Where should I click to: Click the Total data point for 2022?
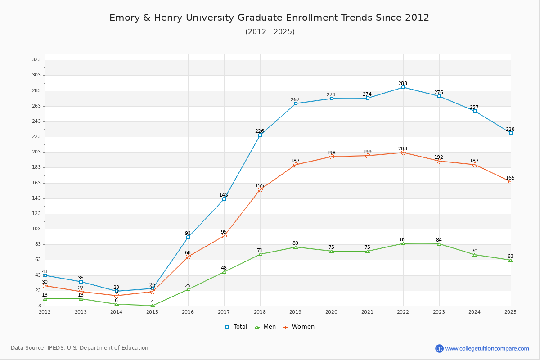pos(403,87)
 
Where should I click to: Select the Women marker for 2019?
pos(296,165)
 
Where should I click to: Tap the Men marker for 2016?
pos(188,289)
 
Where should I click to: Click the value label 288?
pos(403,83)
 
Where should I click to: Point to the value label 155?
pos(260,185)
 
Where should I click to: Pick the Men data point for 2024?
pos(475,255)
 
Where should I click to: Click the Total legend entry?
pos(236,327)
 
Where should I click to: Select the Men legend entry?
pos(266,327)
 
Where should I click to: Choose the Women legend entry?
pos(299,327)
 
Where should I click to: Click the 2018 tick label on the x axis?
pos(260,312)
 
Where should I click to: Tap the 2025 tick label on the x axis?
pos(510,312)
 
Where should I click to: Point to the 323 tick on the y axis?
pos(36,60)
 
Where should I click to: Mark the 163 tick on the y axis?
pos(36,183)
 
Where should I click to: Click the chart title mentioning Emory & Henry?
pos(270,18)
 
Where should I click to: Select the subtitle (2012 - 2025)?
pos(270,31)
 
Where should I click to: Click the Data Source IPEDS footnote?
pos(80,348)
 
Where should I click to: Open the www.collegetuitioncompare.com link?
pos(487,348)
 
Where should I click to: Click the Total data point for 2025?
pos(511,133)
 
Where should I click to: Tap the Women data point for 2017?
pos(224,236)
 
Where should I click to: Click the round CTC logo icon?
pos(439,348)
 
